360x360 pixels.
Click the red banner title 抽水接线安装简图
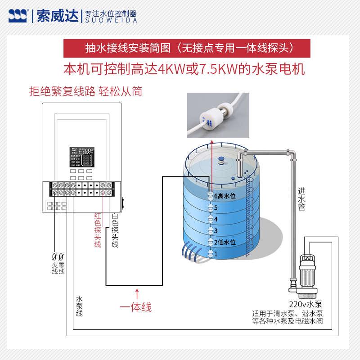128,47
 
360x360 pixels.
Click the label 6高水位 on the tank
225,196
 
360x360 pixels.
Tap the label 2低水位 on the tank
225,242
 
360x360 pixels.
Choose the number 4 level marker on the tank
216,219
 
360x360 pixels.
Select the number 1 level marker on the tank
216,254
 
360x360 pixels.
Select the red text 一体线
136,308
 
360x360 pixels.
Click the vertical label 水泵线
79,306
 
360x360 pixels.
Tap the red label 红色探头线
97,230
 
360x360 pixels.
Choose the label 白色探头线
115,230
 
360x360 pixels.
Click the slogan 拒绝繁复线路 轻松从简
85,92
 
